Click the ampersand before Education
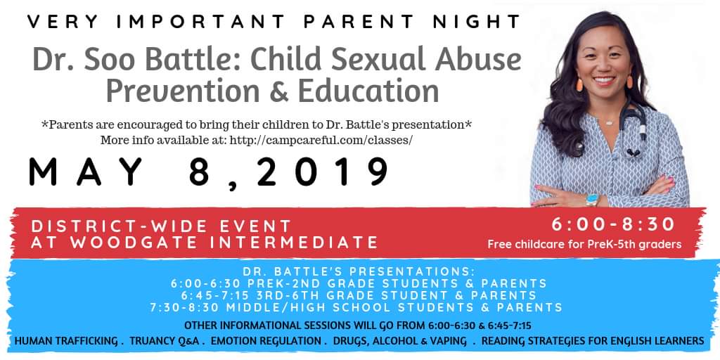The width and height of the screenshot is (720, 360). [x=278, y=91]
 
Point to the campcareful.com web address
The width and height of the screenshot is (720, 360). [x=320, y=140]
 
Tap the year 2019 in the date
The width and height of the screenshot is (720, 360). [x=322, y=172]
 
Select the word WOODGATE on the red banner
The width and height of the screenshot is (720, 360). [x=129, y=243]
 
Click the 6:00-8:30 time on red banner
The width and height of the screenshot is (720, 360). [x=613, y=224]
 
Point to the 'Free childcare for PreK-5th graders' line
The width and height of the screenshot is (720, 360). [x=584, y=244]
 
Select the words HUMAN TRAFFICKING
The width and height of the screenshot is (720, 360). [x=67, y=341]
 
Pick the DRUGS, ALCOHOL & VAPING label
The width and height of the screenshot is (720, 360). [x=400, y=341]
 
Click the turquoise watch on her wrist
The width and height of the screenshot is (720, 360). [x=592, y=200]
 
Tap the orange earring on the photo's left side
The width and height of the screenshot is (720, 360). [x=579, y=84]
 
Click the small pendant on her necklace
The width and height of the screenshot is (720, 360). [x=610, y=122]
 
